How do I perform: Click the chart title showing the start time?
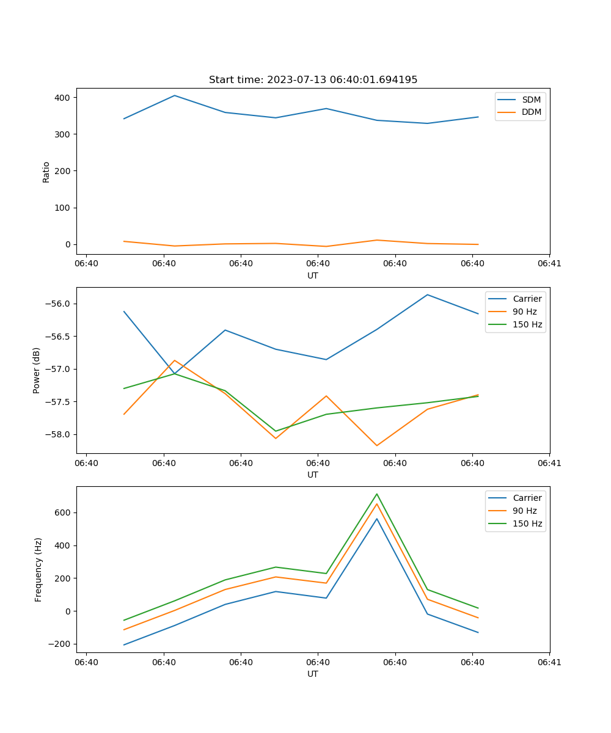(313, 80)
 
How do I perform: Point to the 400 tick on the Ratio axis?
(62, 98)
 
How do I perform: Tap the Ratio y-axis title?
(46, 172)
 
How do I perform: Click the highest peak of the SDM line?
(174, 95)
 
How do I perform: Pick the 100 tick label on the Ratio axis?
(62, 208)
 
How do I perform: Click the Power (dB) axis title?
(37, 370)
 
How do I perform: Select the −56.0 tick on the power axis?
(57, 304)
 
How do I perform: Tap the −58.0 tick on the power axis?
(57, 434)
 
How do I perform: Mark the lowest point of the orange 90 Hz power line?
(376, 445)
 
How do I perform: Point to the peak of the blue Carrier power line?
(427, 295)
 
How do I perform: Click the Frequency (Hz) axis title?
(38, 569)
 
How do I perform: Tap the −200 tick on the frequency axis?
(60, 644)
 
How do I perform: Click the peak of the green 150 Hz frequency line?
(376, 494)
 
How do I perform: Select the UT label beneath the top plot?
(313, 275)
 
